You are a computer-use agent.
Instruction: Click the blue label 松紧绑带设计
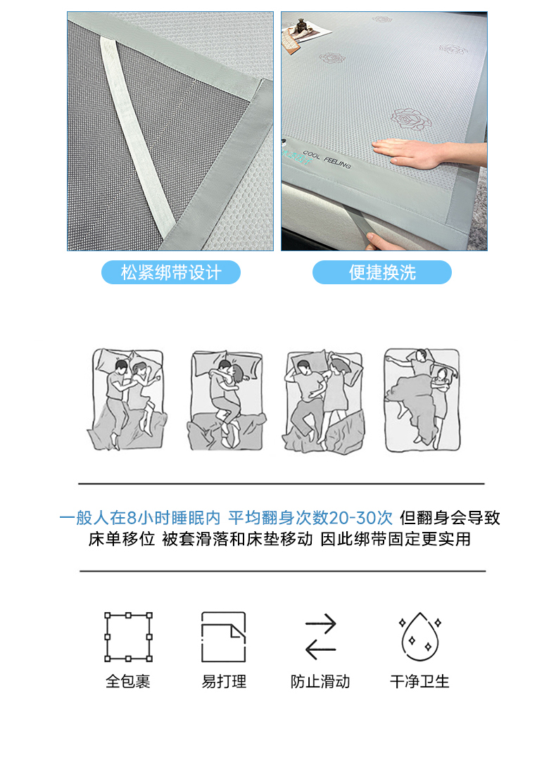pyautogui.click(x=170, y=272)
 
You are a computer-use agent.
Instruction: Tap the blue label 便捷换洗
pyautogui.click(x=382, y=272)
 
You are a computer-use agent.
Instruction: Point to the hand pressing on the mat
pyautogui.click(x=428, y=151)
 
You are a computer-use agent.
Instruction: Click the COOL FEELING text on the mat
pyautogui.click(x=327, y=160)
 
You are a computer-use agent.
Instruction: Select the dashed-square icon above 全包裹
pyautogui.click(x=128, y=637)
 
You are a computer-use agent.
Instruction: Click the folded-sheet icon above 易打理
pyautogui.click(x=224, y=637)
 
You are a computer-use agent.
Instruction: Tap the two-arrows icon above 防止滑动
pyautogui.click(x=320, y=637)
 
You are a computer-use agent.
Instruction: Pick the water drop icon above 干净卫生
pyautogui.click(x=419, y=637)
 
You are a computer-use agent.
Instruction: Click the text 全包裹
pyautogui.click(x=128, y=681)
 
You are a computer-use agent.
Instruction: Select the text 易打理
pyautogui.click(x=224, y=681)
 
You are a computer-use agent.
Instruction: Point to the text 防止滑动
pyautogui.click(x=320, y=681)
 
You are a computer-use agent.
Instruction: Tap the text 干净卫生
pyautogui.click(x=419, y=681)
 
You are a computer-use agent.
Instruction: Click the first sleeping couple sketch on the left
pyautogui.click(x=127, y=399)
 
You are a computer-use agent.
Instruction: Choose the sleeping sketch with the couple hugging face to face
pyautogui.click(x=227, y=400)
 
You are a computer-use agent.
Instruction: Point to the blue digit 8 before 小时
pyautogui.click(x=131, y=518)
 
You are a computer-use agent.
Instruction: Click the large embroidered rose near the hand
pyautogui.click(x=411, y=119)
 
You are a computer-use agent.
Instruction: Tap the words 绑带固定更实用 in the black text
pyautogui.click(x=412, y=539)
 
